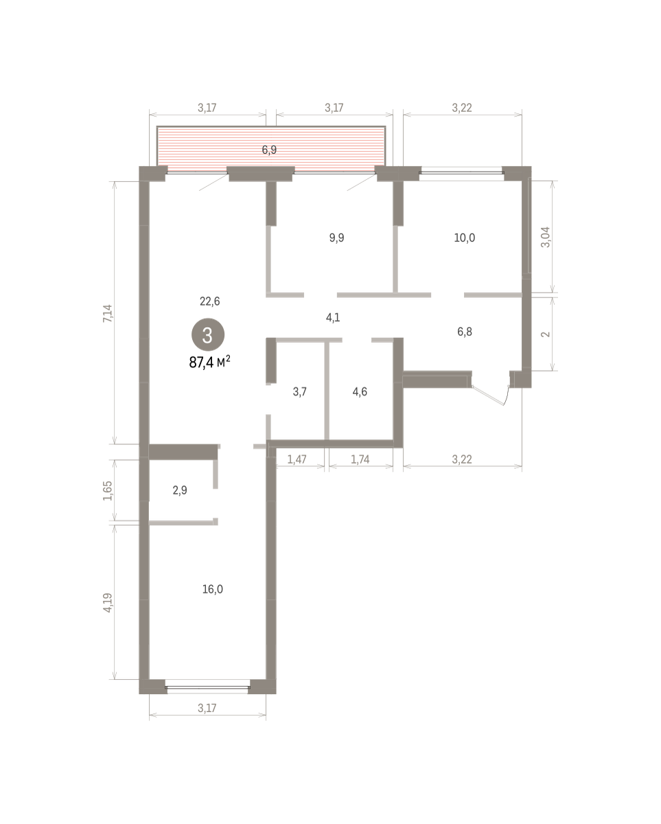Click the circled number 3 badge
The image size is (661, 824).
coord(208,334)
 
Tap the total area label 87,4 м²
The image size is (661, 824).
coord(210,361)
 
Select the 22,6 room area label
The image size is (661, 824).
coord(210,301)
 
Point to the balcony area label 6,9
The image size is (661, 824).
coord(269,150)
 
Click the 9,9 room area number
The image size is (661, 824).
coord(336,238)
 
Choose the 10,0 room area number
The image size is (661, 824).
coord(464,238)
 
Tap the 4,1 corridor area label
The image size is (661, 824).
coord(333,317)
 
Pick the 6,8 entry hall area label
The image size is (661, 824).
coord(464,332)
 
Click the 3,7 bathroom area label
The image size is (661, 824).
coord(299,391)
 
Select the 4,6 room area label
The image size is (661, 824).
coord(360,391)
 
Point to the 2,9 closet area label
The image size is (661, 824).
coord(180,490)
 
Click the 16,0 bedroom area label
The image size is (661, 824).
coord(212,589)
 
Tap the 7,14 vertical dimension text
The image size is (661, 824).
coord(108,313)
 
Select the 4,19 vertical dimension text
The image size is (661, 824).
coord(108,603)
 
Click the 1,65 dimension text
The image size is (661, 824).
coord(108,491)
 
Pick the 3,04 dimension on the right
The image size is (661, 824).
coord(546,238)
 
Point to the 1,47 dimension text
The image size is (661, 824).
coord(297,459)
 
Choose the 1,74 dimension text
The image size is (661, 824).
coord(360,459)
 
